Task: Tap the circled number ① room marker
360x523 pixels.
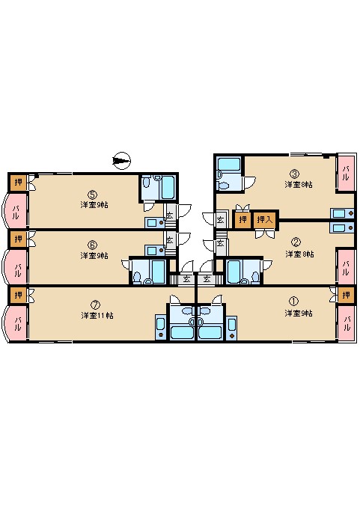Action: (x=293, y=303)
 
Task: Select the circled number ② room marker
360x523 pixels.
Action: (x=296, y=242)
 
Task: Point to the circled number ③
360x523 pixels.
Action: (x=295, y=174)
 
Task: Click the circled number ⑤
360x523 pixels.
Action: (x=91, y=194)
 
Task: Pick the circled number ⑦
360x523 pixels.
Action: (x=94, y=305)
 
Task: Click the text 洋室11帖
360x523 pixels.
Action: (x=97, y=315)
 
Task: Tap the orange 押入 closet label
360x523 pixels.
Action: (x=264, y=220)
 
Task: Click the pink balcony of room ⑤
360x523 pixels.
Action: (x=16, y=210)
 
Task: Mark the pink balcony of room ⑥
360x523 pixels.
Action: (x=16, y=266)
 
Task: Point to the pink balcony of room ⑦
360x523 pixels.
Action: (x=16, y=323)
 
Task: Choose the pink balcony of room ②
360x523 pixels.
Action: (x=346, y=263)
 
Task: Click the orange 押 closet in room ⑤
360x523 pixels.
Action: (x=18, y=182)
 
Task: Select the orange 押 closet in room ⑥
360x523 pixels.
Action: (x=18, y=239)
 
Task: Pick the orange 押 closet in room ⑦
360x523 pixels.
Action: (x=18, y=296)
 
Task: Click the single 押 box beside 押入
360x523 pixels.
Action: (x=242, y=220)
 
